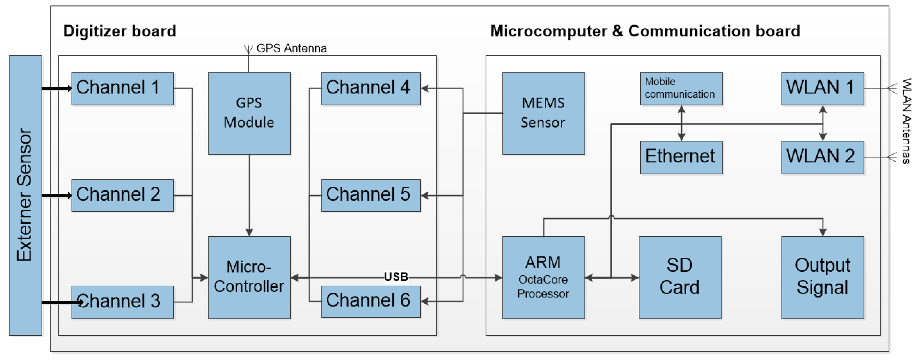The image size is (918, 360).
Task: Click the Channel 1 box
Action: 122,88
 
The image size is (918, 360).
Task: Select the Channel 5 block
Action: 371,195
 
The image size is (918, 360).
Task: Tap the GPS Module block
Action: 249,113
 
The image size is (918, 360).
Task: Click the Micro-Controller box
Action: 249,277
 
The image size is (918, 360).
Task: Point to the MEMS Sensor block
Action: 543,113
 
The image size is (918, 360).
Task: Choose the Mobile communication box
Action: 681,88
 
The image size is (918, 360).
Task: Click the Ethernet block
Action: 681,157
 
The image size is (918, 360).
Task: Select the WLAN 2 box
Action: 822,157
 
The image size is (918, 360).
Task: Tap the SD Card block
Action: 680,277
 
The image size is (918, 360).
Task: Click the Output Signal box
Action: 822,277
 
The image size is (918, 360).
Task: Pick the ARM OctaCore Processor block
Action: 543,277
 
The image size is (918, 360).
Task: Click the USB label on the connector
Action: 395,277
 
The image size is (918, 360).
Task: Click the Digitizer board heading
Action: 120,31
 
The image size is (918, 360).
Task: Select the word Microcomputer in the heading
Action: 548,31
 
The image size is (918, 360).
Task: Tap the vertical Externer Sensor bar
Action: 25,195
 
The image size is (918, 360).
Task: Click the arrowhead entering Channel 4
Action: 424,88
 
